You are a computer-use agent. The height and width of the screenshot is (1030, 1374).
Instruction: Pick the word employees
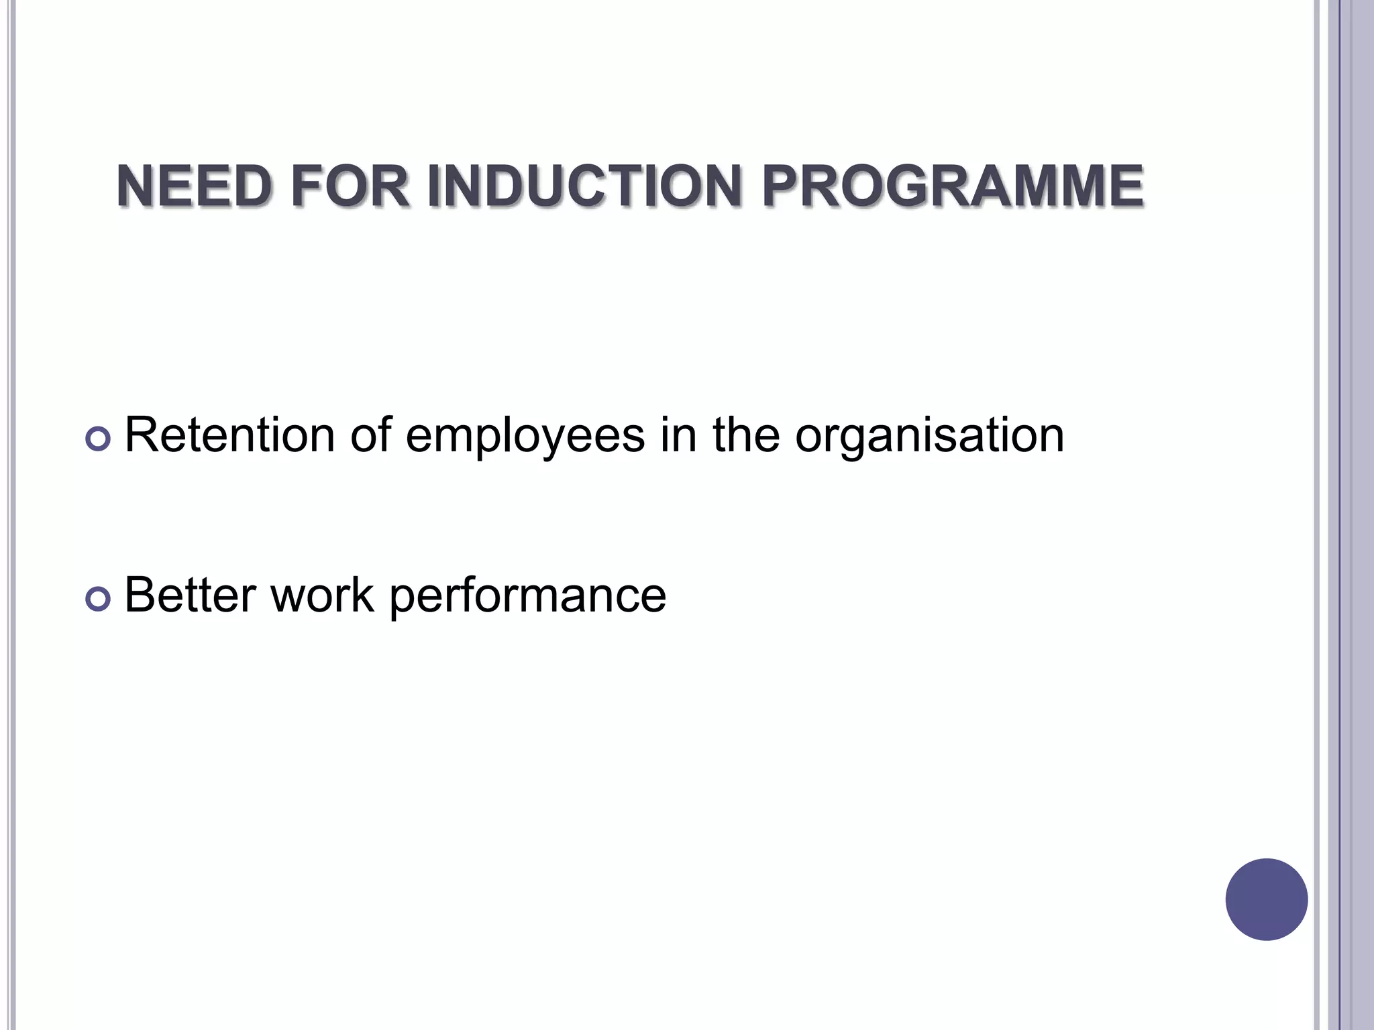coord(525,437)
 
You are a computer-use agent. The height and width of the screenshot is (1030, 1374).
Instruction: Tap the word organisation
coord(929,437)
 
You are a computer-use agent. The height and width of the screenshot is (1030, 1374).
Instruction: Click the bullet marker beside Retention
coord(98,439)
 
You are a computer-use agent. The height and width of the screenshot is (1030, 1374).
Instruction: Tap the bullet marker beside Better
coord(98,599)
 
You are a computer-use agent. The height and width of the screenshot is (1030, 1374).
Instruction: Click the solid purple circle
coord(1266,899)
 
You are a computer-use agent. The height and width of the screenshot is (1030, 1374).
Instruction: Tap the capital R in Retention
coord(142,435)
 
